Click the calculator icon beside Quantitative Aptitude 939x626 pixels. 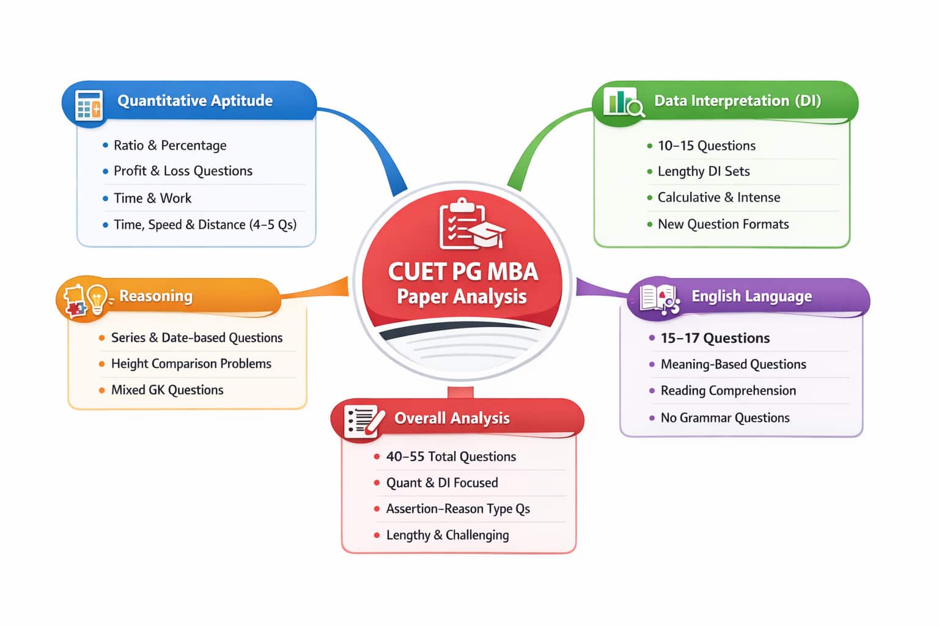click(x=89, y=105)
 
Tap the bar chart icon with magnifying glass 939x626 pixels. click(x=622, y=103)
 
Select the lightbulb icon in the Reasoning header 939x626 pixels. click(x=97, y=298)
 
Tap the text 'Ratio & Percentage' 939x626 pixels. click(x=170, y=145)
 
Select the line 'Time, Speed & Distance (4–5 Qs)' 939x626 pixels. click(x=205, y=224)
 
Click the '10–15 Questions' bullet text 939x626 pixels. click(x=706, y=145)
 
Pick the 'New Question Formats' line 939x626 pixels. click(x=723, y=224)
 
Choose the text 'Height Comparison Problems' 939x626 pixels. click(x=191, y=364)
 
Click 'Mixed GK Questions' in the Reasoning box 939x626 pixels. click(x=167, y=390)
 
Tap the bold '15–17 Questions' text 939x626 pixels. click(x=715, y=338)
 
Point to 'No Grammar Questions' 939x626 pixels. click(x=724, y=418)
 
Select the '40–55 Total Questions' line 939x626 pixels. click(x=451, y=457)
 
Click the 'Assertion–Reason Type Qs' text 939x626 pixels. click(x=457, y=509)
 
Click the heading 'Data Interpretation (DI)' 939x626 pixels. click(x=737, y=101)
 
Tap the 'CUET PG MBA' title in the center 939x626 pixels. click(x=463, y=271)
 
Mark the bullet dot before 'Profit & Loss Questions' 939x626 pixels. click(x=106, y=171)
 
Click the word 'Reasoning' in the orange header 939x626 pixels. click(x=156, y=296)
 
